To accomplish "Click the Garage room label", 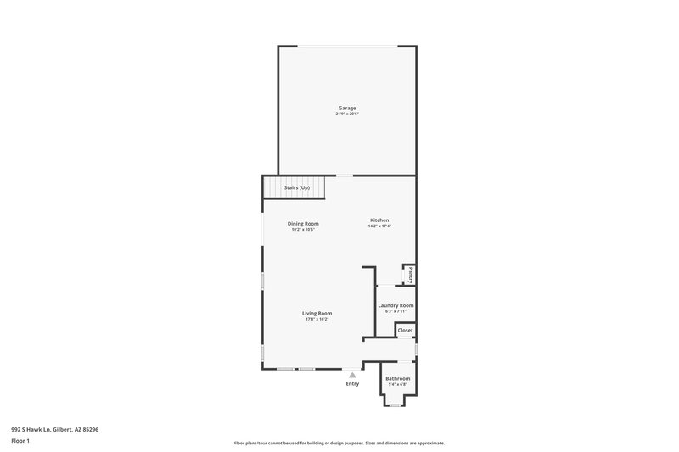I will pos(346,108).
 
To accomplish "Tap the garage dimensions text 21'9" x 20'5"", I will pos(346,114).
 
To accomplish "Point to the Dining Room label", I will pos(303,223).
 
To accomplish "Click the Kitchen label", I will pos(379,220).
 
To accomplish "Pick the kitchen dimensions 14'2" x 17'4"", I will pos(379,226).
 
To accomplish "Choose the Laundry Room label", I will pos(396,305).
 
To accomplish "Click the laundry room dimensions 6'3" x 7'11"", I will pos(396,311).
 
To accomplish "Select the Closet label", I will pos(405,330).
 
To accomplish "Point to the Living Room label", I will pos(317,313).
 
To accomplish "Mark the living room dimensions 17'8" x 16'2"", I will pos(317,319).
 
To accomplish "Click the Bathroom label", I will pos(397,378).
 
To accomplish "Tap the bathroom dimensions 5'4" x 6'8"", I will pos(397,384).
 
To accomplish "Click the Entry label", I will pos(352,383).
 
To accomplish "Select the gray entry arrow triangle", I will pos(352,374).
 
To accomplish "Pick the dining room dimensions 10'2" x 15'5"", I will pos(303,229).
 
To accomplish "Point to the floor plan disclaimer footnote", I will pos(339,443).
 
